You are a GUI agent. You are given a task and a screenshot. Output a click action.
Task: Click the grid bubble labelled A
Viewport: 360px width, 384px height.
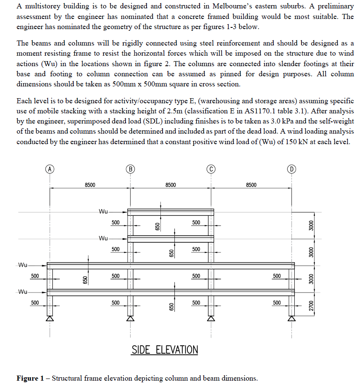pos(50,169)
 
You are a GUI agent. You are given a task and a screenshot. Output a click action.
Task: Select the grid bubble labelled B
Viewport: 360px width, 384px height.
pos(131,169)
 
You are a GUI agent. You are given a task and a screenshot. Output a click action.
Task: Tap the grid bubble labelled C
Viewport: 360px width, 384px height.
pos(211,169)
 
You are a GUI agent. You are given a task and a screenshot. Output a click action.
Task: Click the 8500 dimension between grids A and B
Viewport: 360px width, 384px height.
pos(90,185)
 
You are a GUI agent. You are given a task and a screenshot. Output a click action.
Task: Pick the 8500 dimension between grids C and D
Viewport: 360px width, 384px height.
pos(251,185)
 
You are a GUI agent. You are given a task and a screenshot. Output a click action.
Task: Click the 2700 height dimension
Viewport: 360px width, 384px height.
pos(311,305)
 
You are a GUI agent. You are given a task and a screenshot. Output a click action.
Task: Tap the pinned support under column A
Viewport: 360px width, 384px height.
pos(50,319)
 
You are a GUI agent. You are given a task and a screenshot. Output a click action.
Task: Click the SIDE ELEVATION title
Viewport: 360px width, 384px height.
pos(165,350)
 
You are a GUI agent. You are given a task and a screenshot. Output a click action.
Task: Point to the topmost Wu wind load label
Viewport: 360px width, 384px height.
pos(103,211)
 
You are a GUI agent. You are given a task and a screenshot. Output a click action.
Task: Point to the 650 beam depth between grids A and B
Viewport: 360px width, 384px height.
pos(85,279)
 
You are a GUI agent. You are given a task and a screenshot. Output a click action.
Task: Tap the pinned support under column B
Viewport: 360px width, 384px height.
pos(131,319)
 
